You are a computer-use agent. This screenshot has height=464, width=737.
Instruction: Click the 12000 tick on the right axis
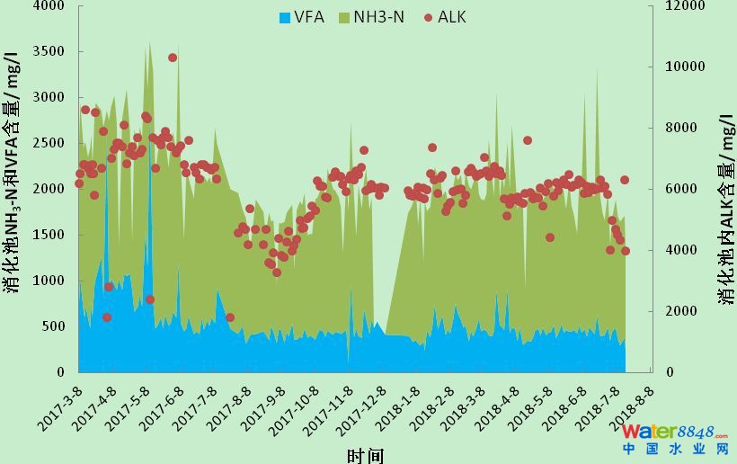click(681, 5)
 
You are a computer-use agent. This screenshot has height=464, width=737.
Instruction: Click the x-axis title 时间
click(365, 455)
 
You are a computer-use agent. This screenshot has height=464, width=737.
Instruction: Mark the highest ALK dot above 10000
click(173, 58)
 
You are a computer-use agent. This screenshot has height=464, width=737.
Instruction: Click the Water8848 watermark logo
click(676, 439)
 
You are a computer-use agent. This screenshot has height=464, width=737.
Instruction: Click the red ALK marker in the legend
click(429, 17)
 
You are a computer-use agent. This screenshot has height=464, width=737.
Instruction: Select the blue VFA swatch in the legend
click(286, 17)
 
